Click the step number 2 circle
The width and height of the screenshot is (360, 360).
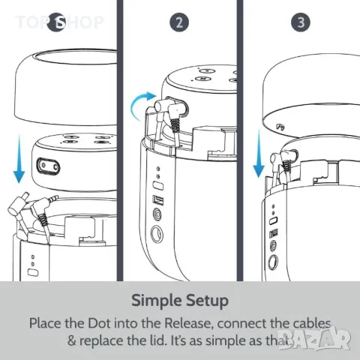178,22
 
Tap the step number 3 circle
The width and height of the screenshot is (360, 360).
301,22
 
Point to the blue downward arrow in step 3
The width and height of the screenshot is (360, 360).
259,153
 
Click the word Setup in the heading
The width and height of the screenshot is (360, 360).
205,301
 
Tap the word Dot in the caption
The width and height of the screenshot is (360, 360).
97,323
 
